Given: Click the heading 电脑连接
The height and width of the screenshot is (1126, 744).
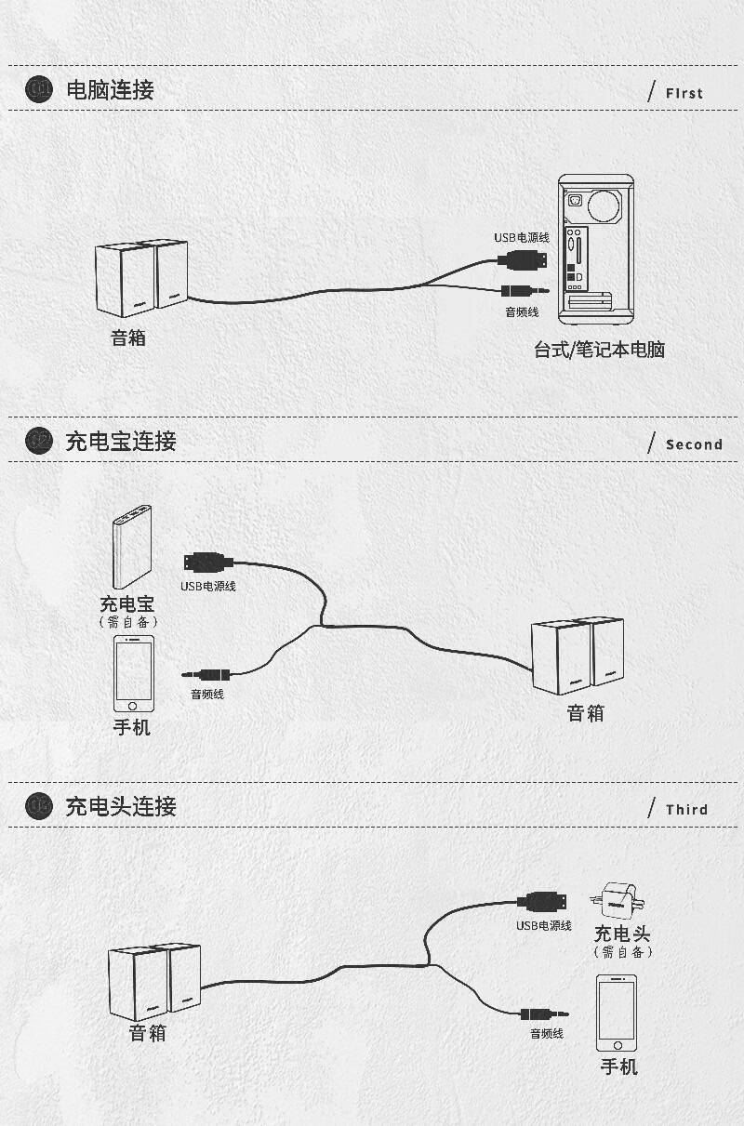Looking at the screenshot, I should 110,90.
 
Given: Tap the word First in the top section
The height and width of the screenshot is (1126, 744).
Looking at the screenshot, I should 684,93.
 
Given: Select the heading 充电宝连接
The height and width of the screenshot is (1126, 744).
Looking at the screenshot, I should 121,441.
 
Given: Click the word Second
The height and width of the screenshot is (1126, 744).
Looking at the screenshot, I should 694,444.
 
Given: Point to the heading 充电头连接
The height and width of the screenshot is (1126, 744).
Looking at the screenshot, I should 121,806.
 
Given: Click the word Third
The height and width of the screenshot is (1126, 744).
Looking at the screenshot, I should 686,810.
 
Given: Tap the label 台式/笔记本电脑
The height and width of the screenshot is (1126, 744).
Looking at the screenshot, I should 599,351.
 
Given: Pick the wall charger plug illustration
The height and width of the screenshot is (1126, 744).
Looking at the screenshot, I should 618,900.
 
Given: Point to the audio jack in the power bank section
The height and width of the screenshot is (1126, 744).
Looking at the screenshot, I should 206,674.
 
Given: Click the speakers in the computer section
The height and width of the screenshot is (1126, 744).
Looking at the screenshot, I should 141,276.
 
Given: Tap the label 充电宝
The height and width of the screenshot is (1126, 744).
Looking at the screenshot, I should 127,604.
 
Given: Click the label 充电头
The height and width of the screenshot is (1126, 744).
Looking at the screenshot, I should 622,934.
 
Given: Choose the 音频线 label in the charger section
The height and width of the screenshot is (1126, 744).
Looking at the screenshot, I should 547,1034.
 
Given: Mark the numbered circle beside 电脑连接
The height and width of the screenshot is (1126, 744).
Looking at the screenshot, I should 40,90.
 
